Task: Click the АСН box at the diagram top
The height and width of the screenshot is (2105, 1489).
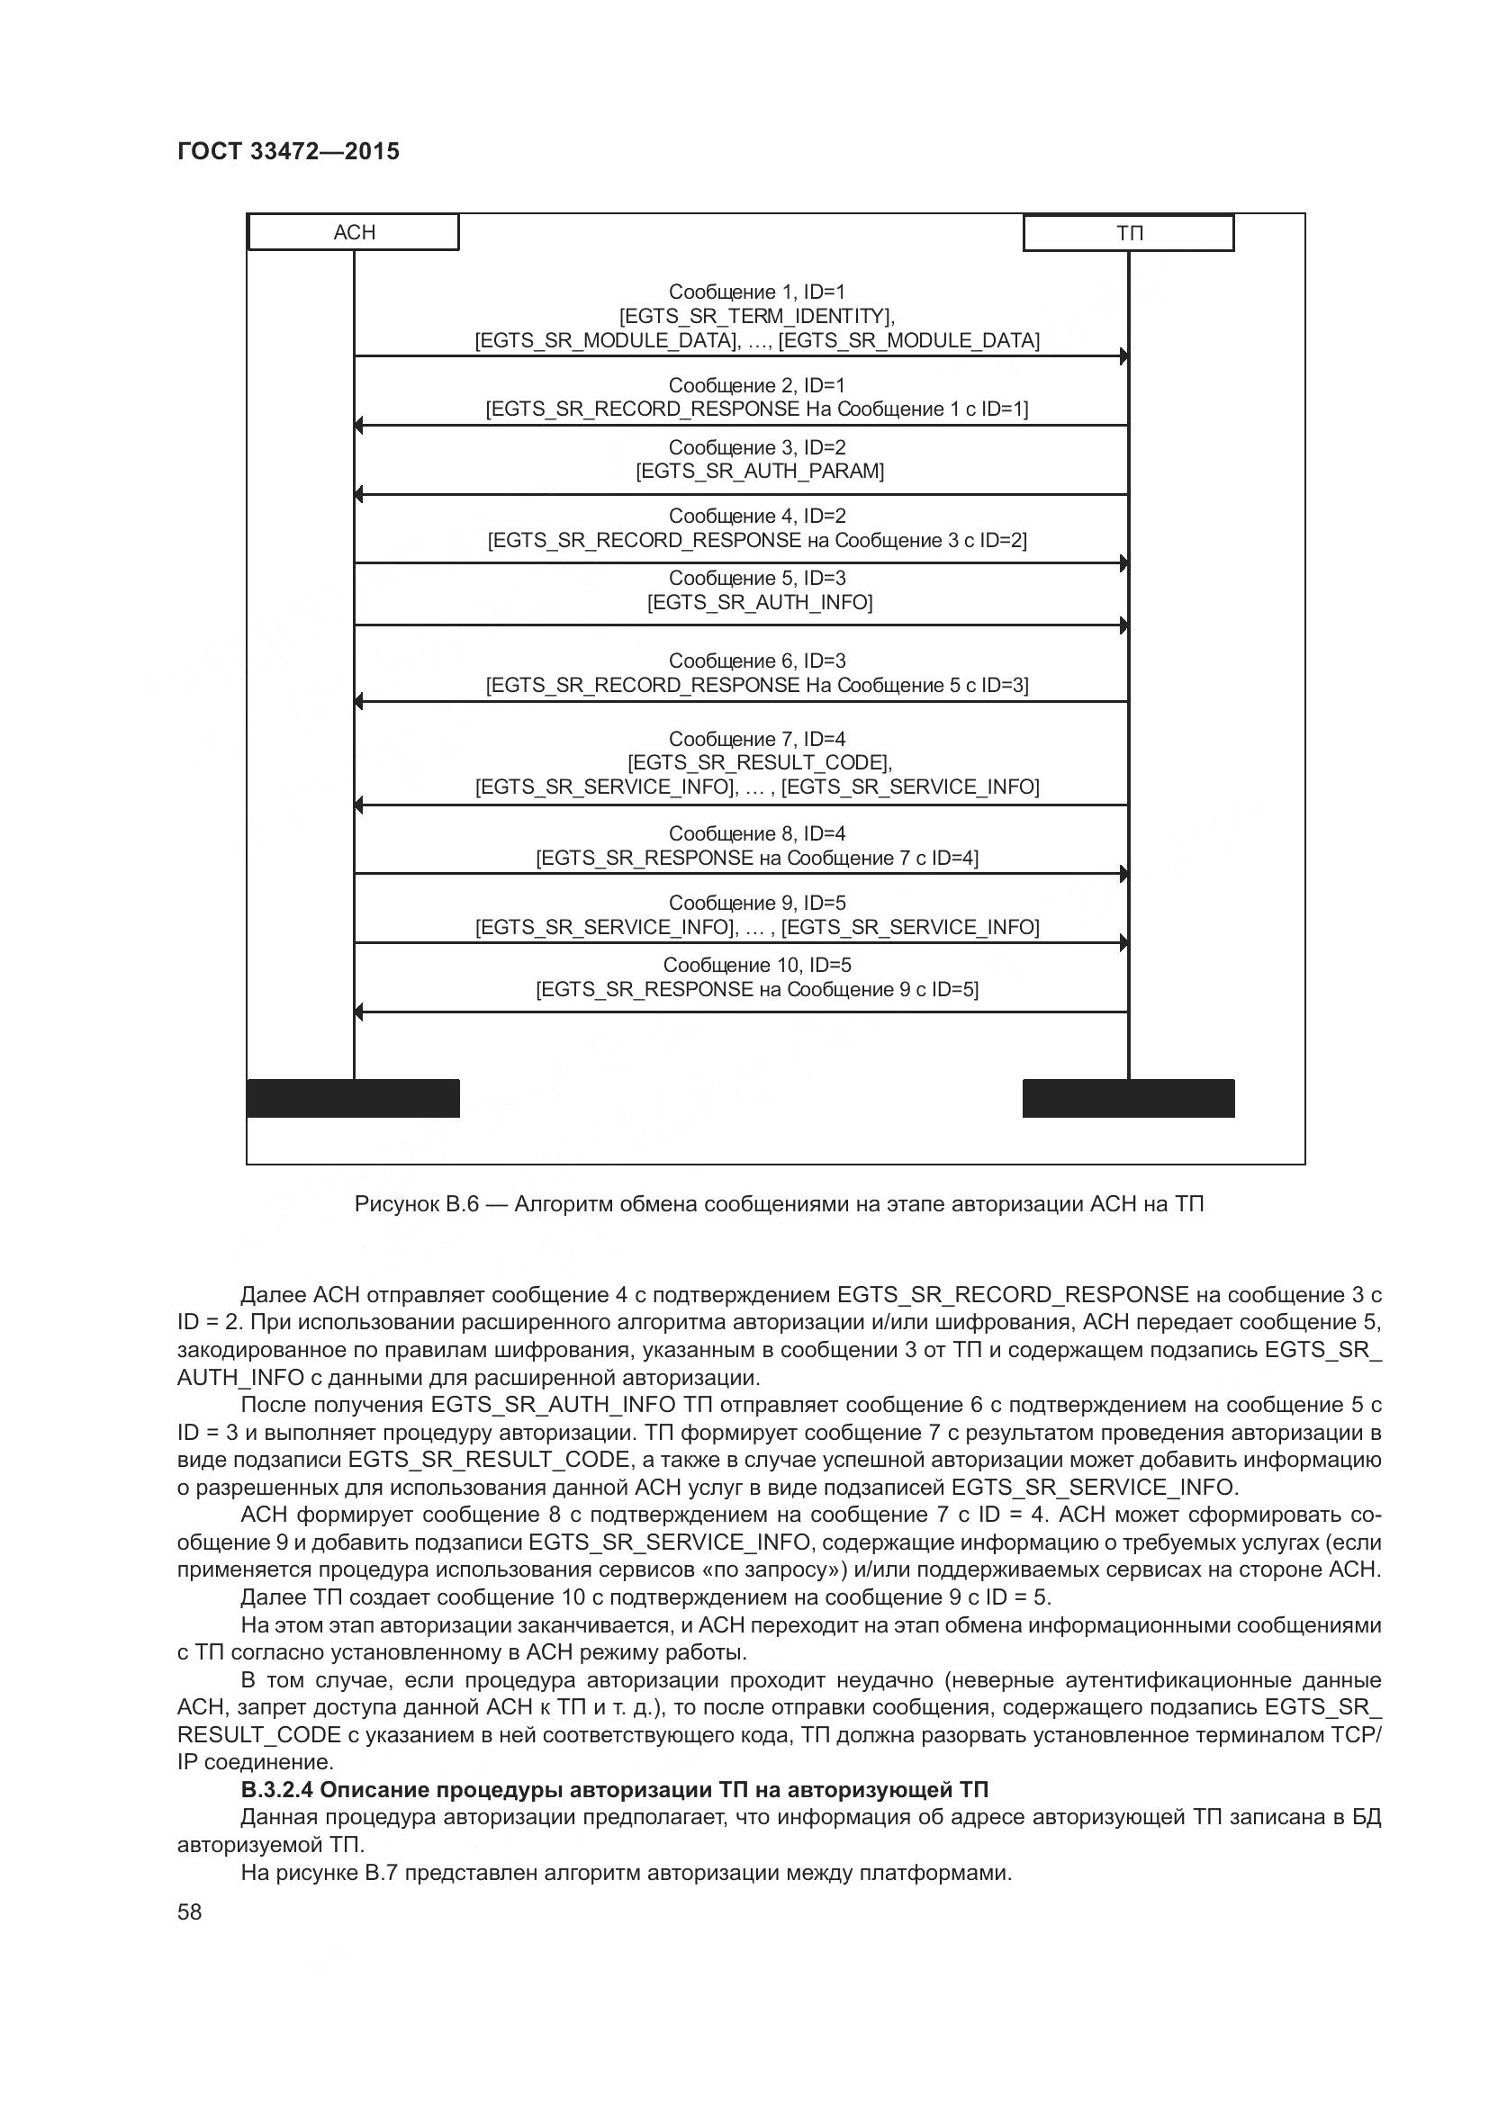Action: tap(353, 232)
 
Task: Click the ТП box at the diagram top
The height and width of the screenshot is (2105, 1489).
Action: tap(1128, 233)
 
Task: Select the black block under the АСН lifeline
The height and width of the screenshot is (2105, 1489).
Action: tap(353, 1097)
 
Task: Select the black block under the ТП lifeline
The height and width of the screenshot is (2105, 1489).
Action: tap(1128, 1097)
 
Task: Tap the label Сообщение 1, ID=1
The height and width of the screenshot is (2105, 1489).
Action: tap(756, 292)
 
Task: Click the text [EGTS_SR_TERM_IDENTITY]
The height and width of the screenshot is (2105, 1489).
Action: tap(756, 316)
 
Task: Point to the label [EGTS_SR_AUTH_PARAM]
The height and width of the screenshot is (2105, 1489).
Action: tap(760, 472)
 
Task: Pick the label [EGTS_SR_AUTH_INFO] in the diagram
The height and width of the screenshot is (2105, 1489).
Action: tap(760, 602)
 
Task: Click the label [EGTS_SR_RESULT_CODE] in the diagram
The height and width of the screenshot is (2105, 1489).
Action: tap(759, 762)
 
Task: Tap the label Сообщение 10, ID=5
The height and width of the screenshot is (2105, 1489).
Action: tap(757, 965)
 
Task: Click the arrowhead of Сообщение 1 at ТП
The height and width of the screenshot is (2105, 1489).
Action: tap(1124, 355)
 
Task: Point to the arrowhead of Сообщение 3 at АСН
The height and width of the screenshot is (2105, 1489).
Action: tap(359, 495)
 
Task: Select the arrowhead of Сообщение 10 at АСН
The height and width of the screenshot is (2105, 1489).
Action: tap(359, 1012)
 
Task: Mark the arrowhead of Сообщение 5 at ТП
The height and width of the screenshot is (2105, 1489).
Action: tap(1124, 625)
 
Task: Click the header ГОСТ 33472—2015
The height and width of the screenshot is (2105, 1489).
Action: tap(288, 151)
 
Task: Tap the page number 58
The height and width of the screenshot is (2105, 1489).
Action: tap(189, 1912)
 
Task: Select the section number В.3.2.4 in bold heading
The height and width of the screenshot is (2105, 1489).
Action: tap(277, 1790)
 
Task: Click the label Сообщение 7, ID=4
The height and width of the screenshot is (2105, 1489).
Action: tap(756, 738)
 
